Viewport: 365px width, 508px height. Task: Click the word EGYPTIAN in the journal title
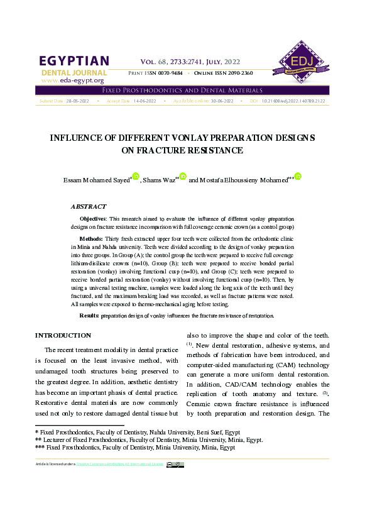[x=74, y=61]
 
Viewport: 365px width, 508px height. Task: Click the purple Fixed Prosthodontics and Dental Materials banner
[x=182, y=91]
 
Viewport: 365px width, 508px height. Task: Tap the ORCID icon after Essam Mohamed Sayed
[x=135, y=177]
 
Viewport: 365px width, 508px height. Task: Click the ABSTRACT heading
[x=89, y=206]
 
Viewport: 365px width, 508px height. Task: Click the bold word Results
[x=89, y=314]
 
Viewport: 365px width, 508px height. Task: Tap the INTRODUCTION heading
[x=63, y=336]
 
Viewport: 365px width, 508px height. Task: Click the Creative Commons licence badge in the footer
[x=175, y=465]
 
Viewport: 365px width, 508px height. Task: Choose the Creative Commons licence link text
[x=119, y=465]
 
